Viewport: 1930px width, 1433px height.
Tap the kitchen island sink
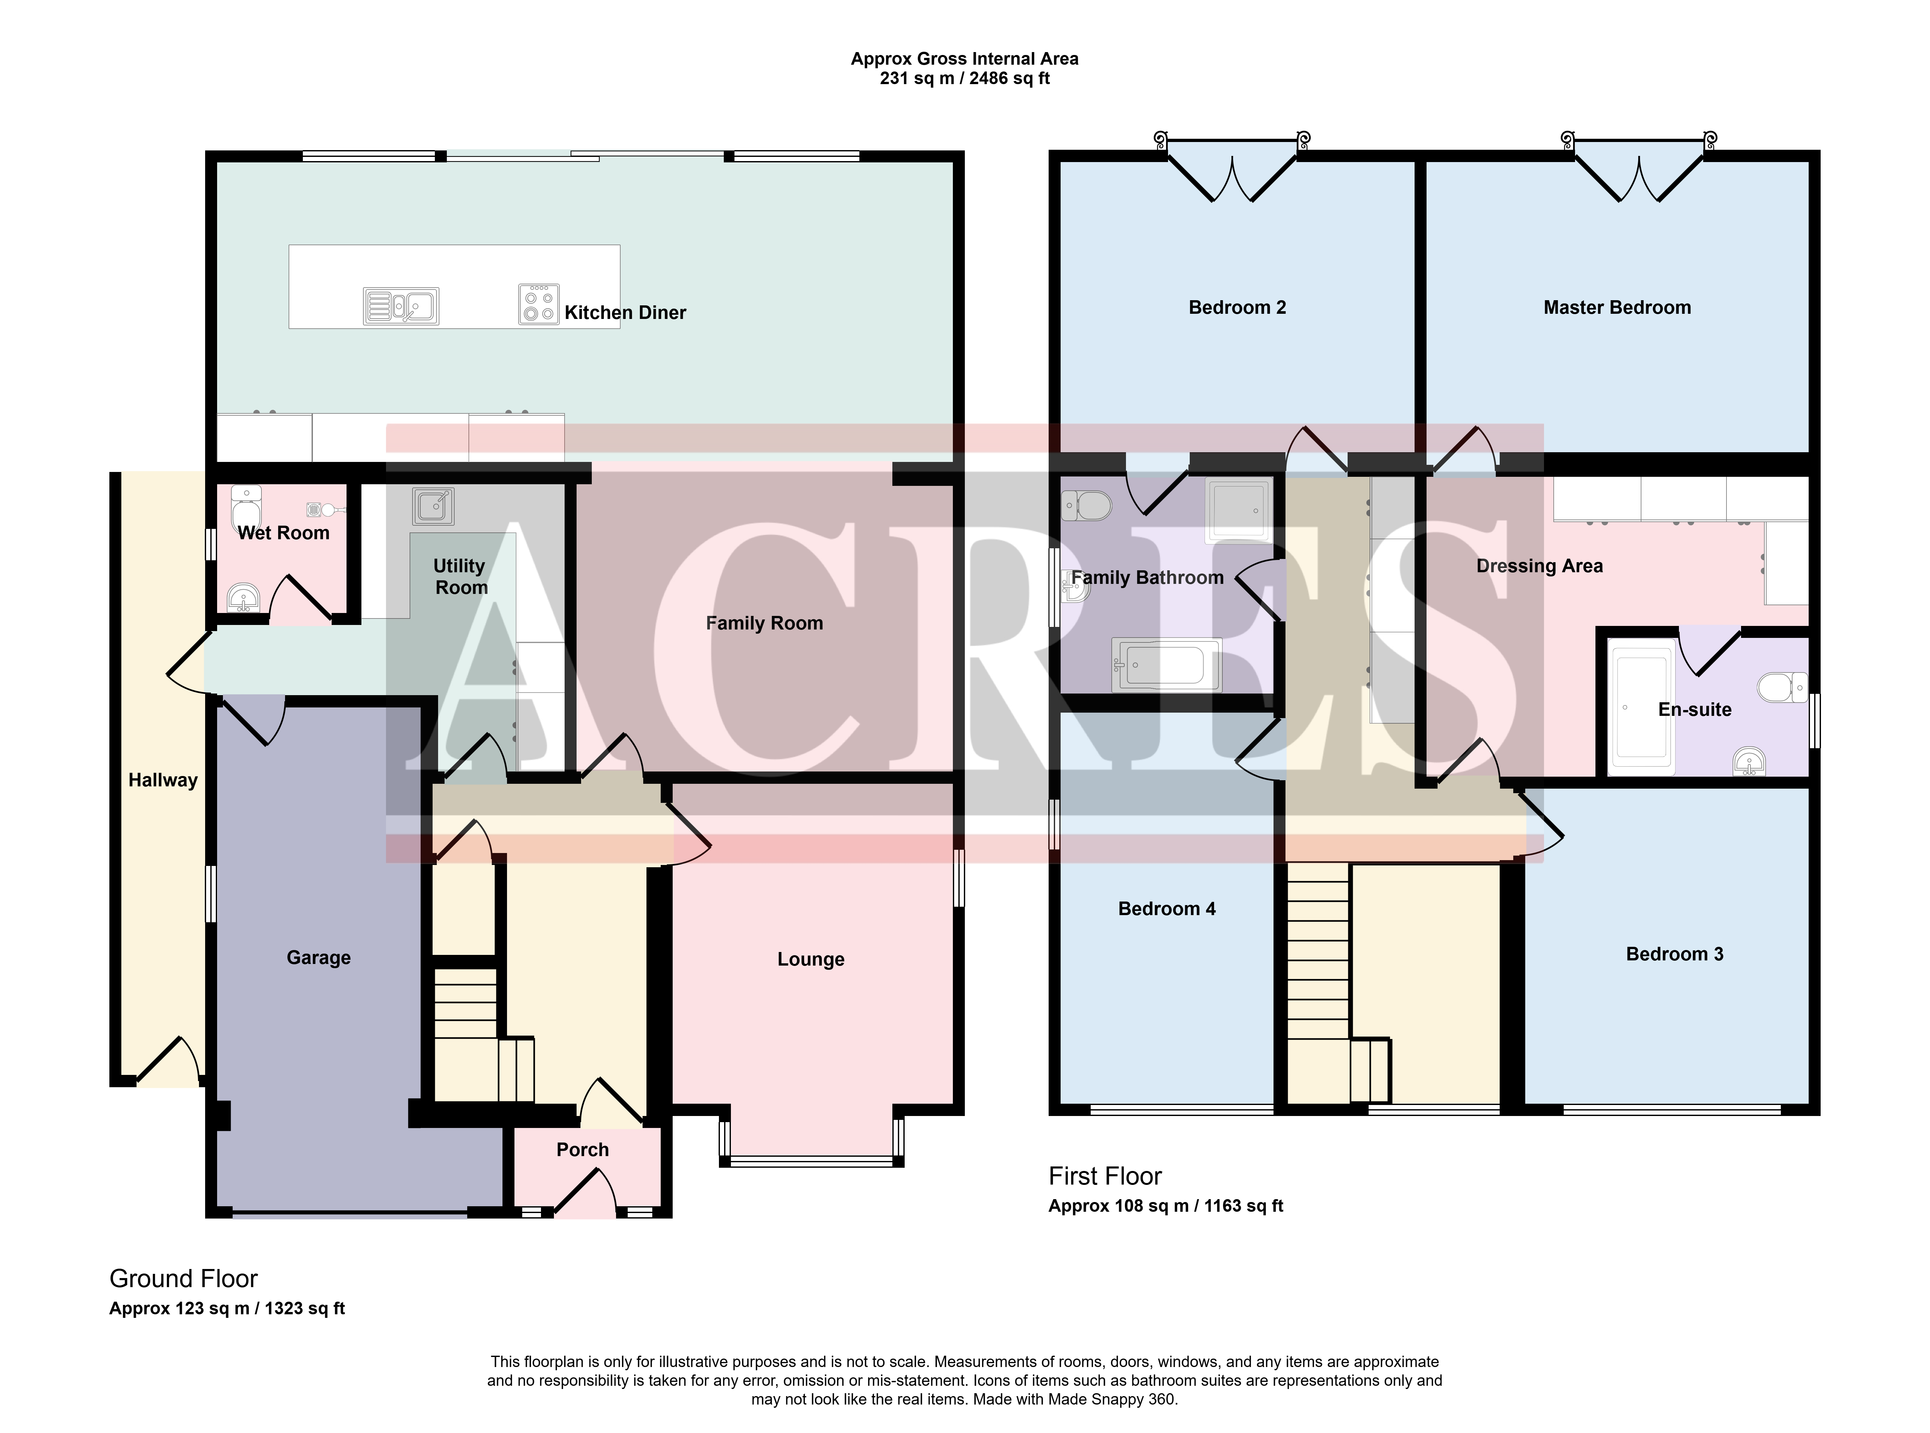401,306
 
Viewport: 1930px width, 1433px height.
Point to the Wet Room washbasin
243,598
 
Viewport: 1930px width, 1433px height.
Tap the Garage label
318,957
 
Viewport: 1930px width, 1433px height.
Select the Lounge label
810,959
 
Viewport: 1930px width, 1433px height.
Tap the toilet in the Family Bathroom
1087,505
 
